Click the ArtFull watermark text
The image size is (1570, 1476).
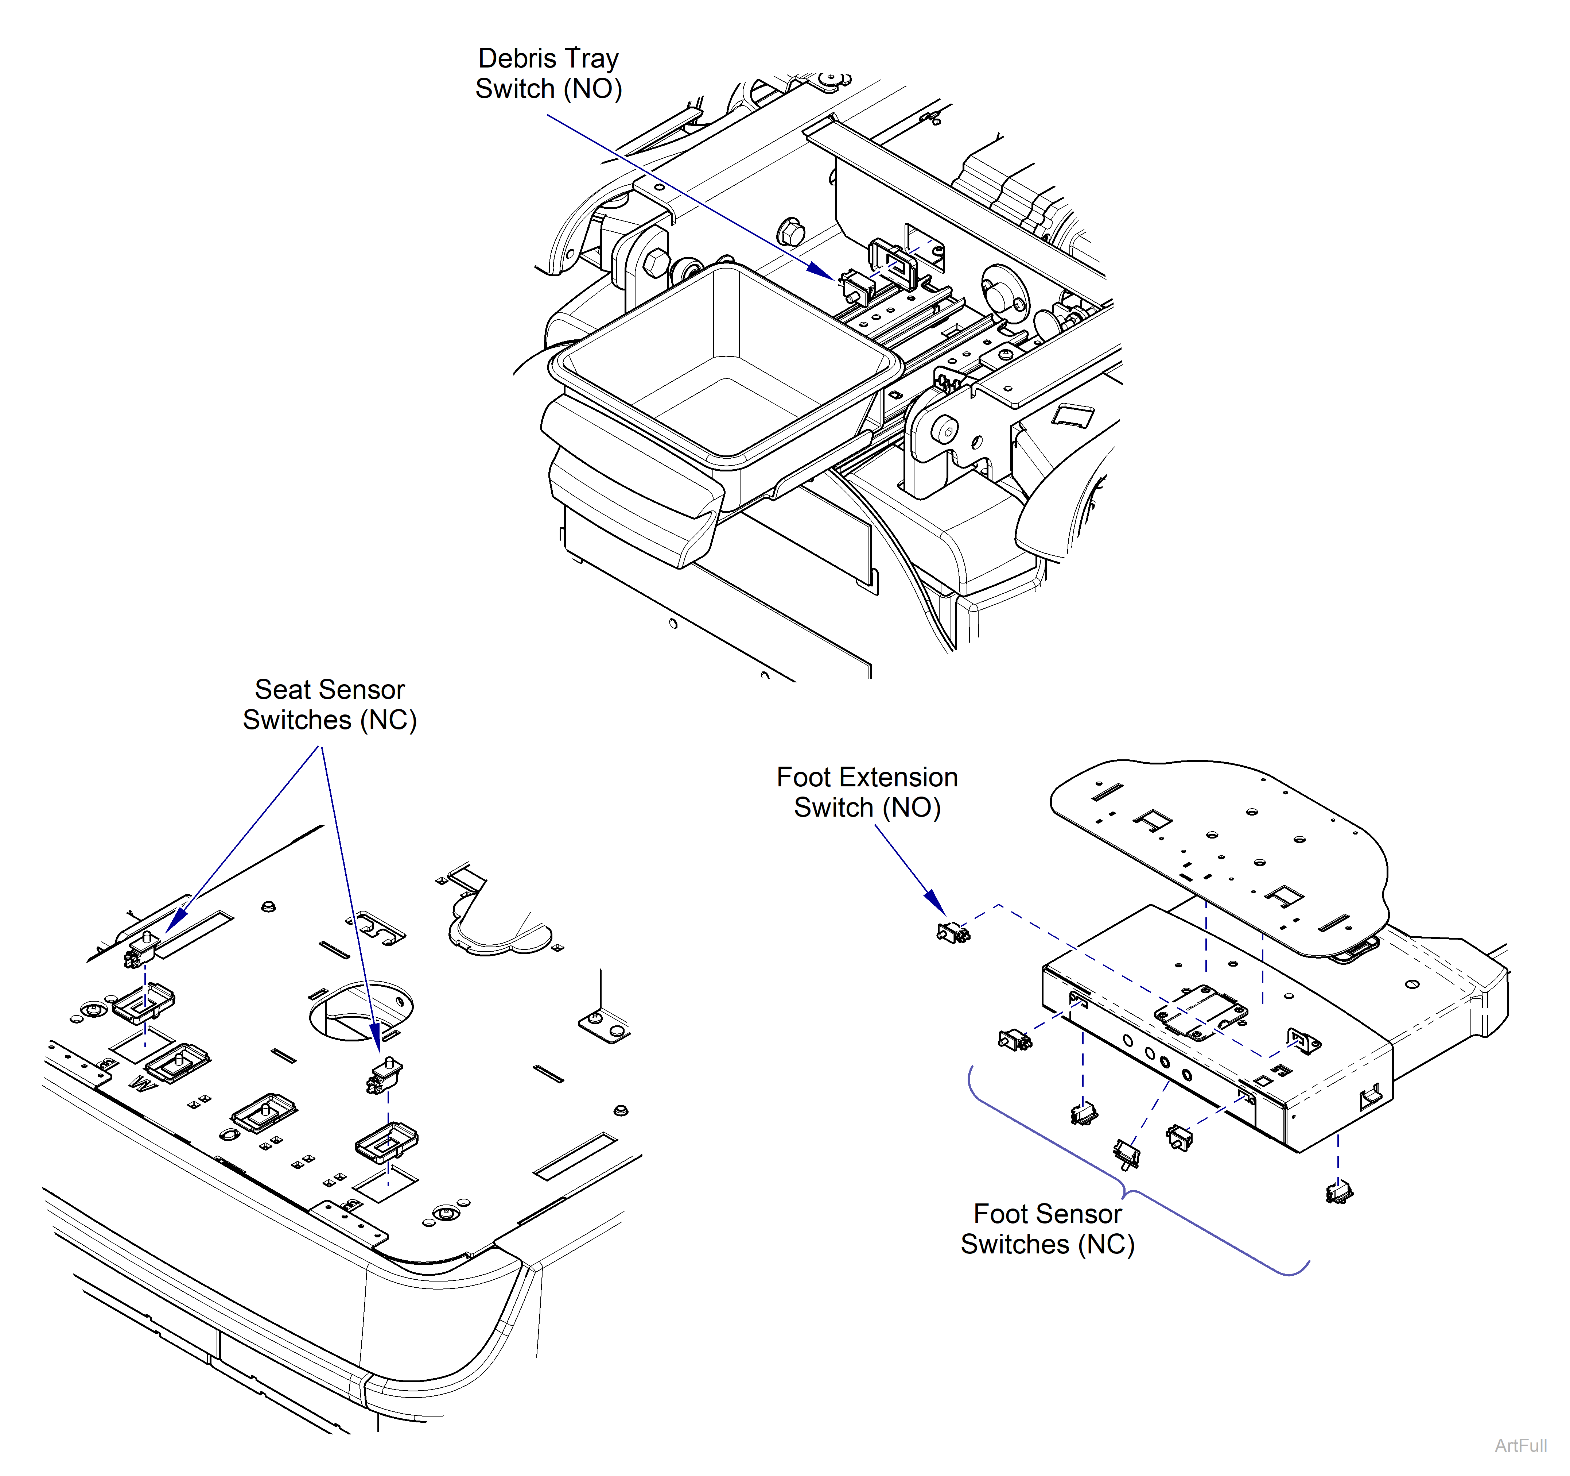click(x=1520, y=1445)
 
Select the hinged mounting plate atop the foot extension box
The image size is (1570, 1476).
click(x=1200, y=1011)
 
